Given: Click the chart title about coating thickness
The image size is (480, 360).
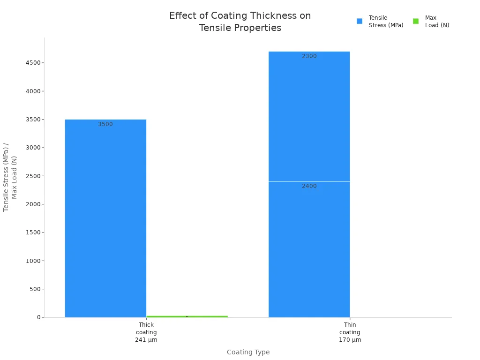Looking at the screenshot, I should pyautogui.click(x=240, y=22).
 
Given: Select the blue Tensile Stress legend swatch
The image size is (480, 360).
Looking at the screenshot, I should pyautogui.click(x=360, y=21).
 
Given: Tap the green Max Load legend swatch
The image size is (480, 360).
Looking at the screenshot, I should pyautogui.click(x=416, y=21).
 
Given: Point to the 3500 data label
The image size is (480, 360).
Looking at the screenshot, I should pyautogui.click(x=105, y=124).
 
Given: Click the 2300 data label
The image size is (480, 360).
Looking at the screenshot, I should pyautogui.click(x=309, y=56).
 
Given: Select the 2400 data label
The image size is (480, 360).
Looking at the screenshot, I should pyautogui.click(x=309, y=186).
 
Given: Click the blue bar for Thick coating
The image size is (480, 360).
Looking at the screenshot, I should pyautogui.click(x=105, y=220).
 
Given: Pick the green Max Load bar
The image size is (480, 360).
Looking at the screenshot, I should pyautogui.click(x=187, y=316).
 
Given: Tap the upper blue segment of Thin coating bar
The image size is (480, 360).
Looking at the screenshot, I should pyautogui.click(x=309, y=117).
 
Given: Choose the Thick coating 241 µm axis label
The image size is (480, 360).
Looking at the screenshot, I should pyautogui.click(x=146, y=332).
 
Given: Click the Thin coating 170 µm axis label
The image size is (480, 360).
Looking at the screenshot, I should pyautogui.click(x=350, y=332).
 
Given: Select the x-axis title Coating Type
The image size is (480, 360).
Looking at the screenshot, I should pyautogui.click(x=248, y=352).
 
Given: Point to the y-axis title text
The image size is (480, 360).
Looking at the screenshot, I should pyautogui.click(x=10, y=177).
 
